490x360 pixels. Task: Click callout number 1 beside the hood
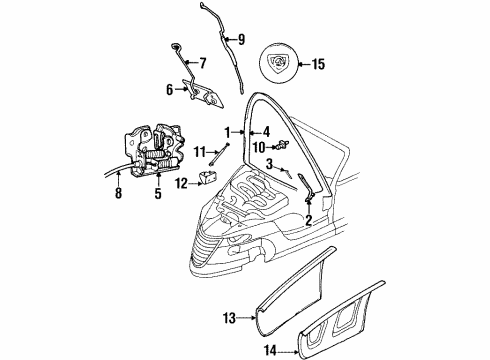pyautogui.click(x=227, y=131)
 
